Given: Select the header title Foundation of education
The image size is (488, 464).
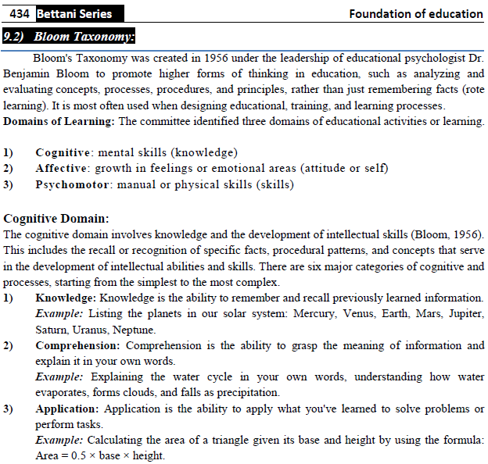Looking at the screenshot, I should pos(416,13).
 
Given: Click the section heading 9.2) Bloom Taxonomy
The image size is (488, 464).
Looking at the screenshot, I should pos(69,36).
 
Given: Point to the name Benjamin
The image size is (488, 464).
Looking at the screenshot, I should pos(27,74).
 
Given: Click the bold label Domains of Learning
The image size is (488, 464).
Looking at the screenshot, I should pos(59,121).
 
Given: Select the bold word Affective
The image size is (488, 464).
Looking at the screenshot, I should pos(63,168).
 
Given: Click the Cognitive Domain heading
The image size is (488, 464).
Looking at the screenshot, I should pos(56,218).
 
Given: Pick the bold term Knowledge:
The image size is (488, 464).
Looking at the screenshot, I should pos(66,298).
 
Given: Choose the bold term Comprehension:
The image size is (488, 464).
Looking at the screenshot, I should pos(79,345).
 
